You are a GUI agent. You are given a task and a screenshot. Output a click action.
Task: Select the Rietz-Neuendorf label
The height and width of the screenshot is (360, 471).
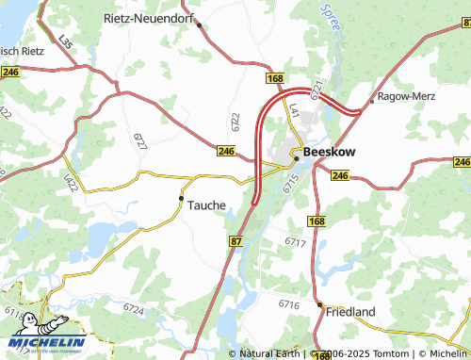[x=150, y=18]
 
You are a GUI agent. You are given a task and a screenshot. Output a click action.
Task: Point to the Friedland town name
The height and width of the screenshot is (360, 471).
[x=351, y=311]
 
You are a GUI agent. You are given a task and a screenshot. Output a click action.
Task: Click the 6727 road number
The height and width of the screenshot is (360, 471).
[x=140, y=140]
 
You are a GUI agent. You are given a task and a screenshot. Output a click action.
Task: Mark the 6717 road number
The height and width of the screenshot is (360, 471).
[x=296, y=242]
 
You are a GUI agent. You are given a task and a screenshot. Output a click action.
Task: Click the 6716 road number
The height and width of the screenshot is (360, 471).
[x=288, y=303]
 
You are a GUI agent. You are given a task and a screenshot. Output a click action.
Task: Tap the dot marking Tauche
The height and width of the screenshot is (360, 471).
[x=181, y=198]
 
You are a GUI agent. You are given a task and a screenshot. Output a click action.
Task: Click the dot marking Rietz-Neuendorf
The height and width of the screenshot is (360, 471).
[x=199, y=25]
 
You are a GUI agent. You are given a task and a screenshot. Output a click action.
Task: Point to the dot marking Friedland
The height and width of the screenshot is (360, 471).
[x=319, y=304]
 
